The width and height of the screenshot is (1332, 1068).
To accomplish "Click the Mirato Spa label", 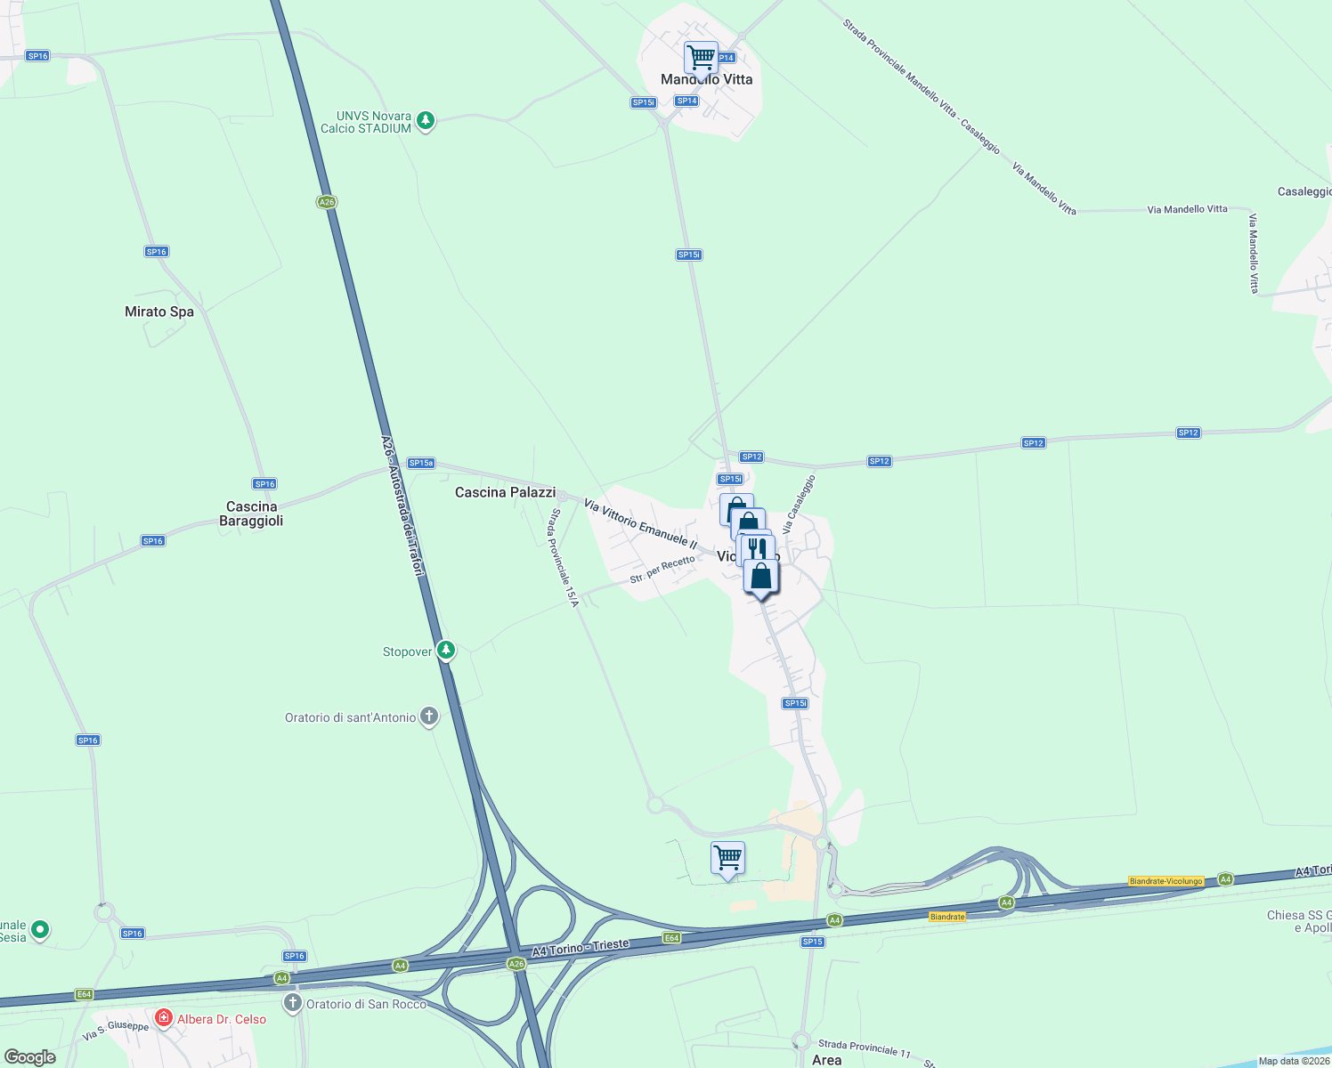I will [x=159, y=311].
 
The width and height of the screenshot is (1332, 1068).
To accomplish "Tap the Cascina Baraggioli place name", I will [x=251, y=514].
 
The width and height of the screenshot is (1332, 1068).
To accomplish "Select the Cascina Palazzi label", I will [x=505, y=492].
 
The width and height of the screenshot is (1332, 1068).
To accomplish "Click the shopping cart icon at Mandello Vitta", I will [x=701, y=58].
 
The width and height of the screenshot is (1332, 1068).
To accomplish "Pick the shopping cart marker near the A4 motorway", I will [x=727, y=858].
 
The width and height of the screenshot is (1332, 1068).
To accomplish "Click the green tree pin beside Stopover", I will [x=446, y=651].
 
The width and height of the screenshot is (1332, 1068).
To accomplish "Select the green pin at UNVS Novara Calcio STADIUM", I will [x=426, y=120].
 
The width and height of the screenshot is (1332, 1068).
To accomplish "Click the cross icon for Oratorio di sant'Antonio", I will [x=429, y=716].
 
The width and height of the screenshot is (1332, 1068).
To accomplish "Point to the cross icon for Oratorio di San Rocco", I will [x=293, y=1003].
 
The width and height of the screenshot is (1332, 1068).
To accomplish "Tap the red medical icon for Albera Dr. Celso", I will [x=163, y=1017].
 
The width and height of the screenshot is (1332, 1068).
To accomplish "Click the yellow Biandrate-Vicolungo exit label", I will [x=1165, y=881].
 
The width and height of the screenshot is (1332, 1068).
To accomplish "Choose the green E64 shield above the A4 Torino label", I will [x=671, y=938].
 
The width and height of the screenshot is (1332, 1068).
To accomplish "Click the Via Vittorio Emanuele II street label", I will [x=640, y=523].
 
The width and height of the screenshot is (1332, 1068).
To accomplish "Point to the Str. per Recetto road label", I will [x=662, y=570].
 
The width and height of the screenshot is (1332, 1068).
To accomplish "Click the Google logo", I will [x=30, y=1057].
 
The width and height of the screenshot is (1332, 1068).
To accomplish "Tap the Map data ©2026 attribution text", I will [x=1294, y=1061].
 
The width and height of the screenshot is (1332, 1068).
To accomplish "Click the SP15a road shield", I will [x=420, y=463].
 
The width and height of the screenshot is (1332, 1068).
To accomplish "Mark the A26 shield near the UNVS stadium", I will [x=327, y=202].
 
